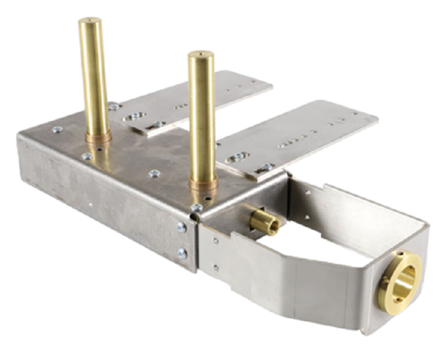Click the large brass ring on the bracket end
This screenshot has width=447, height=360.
pos(399,281)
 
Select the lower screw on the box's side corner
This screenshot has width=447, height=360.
pos(182,253)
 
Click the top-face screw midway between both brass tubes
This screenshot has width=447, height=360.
pos(154,174)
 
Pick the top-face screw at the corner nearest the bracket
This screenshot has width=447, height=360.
pos(196,208)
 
